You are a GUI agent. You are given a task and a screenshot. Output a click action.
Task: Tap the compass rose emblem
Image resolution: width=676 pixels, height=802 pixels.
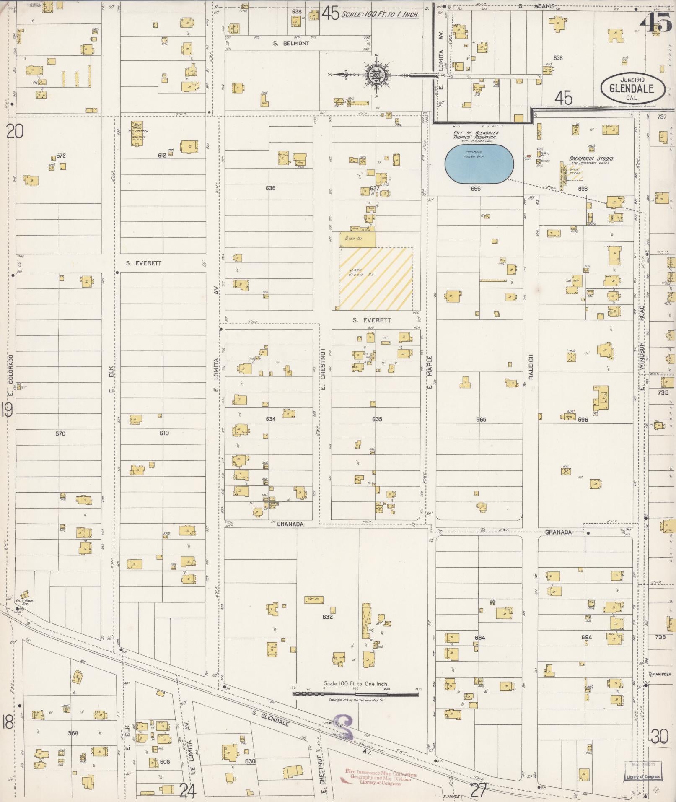click(374, 76)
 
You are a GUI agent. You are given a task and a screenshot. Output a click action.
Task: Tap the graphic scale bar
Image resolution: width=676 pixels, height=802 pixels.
click(355, 694)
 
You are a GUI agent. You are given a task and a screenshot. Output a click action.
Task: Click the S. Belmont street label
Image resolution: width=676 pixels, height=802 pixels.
click(290, 43)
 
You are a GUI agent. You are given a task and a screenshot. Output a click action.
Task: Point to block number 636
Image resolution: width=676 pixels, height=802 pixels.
click(270, 188)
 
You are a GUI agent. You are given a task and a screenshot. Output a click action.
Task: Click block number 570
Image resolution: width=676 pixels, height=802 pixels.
click(60, 433)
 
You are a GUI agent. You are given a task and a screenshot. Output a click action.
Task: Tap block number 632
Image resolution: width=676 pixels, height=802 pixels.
click(327, 617)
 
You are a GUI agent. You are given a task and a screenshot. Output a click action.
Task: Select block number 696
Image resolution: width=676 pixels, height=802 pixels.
click(583, 419)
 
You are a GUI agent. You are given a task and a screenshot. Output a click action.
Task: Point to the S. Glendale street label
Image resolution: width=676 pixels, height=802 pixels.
click(271, 717)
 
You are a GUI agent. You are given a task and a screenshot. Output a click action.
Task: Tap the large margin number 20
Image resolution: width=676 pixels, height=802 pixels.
click(15, 132)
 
